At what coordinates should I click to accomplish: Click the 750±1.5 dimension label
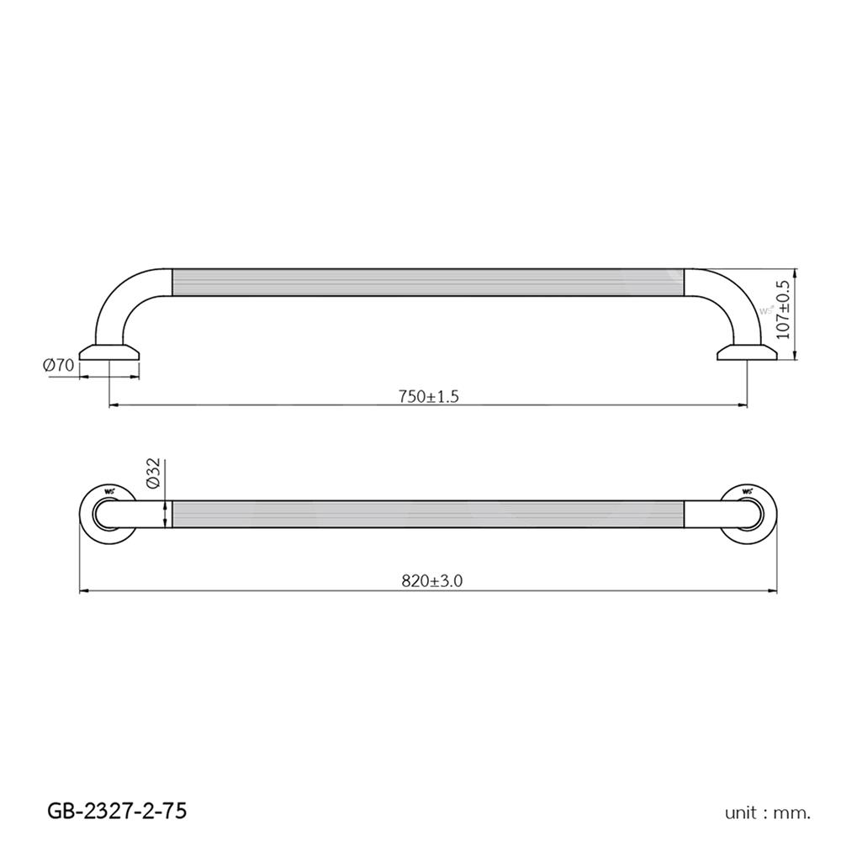429,397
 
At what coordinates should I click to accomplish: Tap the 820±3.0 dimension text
432,581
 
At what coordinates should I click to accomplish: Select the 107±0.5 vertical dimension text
783,309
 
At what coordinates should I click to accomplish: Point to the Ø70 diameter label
59,365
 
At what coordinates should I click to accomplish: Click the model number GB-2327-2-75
117,811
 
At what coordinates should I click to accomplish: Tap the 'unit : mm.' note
768,812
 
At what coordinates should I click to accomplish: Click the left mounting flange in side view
110,352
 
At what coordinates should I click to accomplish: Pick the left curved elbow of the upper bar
126,299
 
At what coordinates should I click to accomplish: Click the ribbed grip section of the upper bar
429,283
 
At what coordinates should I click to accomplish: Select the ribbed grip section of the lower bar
429,514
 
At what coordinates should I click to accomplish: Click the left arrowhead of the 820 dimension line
84,591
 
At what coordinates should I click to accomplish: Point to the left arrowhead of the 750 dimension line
114,406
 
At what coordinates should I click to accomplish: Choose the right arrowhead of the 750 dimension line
743,406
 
